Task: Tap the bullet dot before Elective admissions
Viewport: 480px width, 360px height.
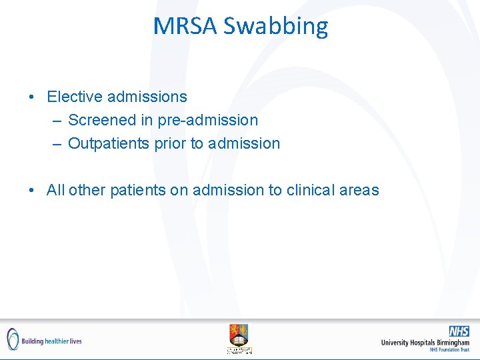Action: click(33, 97)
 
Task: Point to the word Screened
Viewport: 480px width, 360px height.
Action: click(100, 120)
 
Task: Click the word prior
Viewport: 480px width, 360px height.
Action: click(169, 144)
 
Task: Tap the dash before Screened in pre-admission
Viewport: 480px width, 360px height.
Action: click(55, 121)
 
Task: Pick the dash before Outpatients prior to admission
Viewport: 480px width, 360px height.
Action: click(55, 144)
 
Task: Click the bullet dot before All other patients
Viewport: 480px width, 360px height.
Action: click(33, 191)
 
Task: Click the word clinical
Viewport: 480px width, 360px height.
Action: click(311, 190)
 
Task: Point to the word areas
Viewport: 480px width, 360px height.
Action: click(359, 191)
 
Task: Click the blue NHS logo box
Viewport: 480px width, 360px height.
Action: click(459, 331)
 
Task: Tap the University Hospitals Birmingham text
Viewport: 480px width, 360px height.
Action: click(425, 343)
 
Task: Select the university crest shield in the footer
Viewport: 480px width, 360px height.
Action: click(239, 334)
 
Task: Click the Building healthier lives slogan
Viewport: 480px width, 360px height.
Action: click(52, 341)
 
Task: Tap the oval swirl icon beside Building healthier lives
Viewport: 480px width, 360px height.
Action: click(13, 339)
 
